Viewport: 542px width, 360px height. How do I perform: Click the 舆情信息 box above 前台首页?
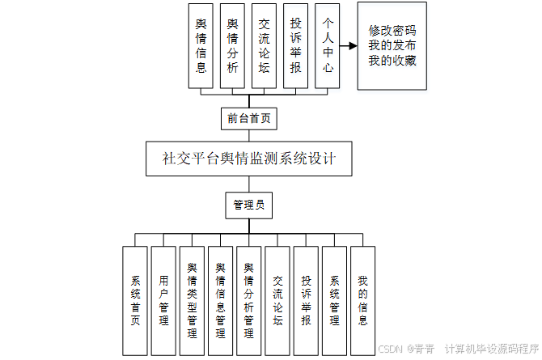201,45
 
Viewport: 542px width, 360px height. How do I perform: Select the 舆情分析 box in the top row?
232,45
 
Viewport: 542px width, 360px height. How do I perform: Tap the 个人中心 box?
326,45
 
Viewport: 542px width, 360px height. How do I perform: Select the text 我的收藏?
392,61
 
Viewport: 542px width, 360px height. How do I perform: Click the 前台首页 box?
248,118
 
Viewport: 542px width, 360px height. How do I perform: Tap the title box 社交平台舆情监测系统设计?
248,159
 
